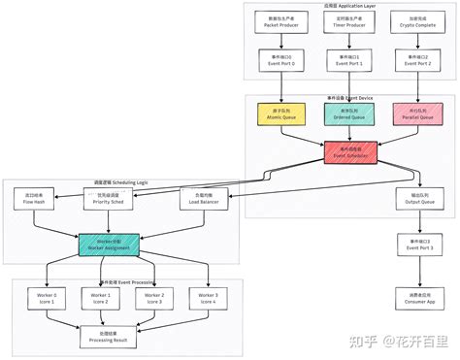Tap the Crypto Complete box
coord(407,23)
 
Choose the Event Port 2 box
coord(407,62)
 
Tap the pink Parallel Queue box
coord(407,115)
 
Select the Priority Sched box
coord(115,200)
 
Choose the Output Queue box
coord(408,200)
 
